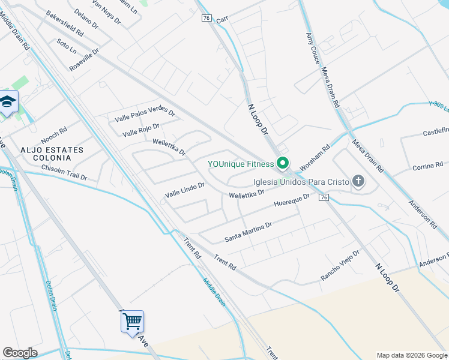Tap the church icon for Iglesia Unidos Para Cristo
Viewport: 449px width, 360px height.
pos(358,181)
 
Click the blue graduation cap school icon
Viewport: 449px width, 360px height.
pos(8,103)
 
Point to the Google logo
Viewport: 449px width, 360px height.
pos(20,353)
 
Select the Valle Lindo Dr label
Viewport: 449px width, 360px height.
pos(185,190)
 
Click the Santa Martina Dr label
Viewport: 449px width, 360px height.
pos(249,232)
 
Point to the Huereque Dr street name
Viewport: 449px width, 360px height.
pos(292,200)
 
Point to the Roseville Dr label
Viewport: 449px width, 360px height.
pos(83,62)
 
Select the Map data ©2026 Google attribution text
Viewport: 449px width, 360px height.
pos(411,355)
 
